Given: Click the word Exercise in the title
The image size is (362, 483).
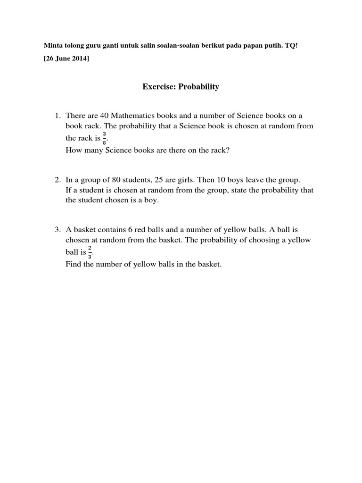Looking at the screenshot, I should click(158, 87).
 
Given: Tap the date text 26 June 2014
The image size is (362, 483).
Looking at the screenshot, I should click(66, 58).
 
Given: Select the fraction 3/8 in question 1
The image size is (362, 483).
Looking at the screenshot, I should click(104, 139).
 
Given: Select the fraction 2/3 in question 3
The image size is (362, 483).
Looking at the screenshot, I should click(90, 252).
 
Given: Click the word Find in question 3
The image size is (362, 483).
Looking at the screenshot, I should click(74, 264).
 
